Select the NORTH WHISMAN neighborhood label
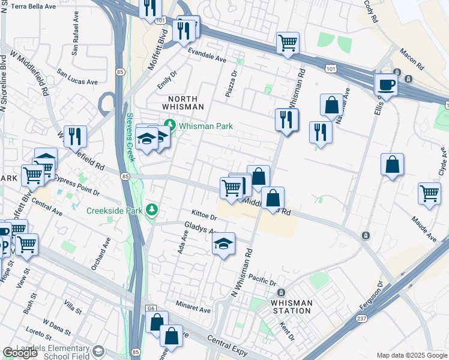pos(186,103)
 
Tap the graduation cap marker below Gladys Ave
pos(223,244)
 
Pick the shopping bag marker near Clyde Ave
pos(392,164)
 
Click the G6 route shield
pos(152,308)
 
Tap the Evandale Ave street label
pos(206,59)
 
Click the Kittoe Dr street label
pos(203,214)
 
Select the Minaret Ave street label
pos(193,310)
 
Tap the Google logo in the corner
pos(20,353)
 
